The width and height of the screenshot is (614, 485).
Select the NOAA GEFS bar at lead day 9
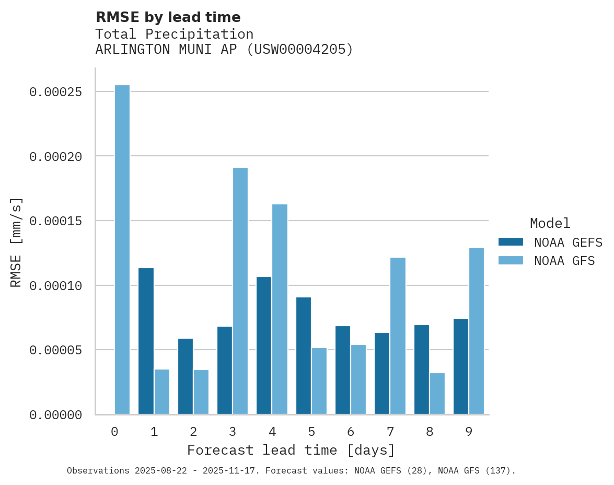pos(461,366)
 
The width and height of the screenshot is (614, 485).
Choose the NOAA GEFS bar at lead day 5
pos(304,356)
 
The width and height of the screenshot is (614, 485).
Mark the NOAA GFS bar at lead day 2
pos(201,392)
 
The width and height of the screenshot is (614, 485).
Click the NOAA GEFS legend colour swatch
pos(511,241)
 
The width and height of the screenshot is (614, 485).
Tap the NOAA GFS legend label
pos(564,260)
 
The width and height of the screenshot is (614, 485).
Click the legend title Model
pos(550,223)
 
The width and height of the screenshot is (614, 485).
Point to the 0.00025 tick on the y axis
pos(63,92)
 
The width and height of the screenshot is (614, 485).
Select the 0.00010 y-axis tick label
pos(63,286)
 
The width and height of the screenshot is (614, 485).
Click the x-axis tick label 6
pos(351,432)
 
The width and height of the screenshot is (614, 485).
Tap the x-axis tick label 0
pos(114,432)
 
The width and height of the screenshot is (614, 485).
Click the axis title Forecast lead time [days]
pos(291,450)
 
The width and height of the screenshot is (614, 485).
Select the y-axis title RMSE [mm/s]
pos(17,242)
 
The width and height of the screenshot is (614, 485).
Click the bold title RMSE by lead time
pos(168,17)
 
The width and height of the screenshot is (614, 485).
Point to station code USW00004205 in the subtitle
pos(300,50)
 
